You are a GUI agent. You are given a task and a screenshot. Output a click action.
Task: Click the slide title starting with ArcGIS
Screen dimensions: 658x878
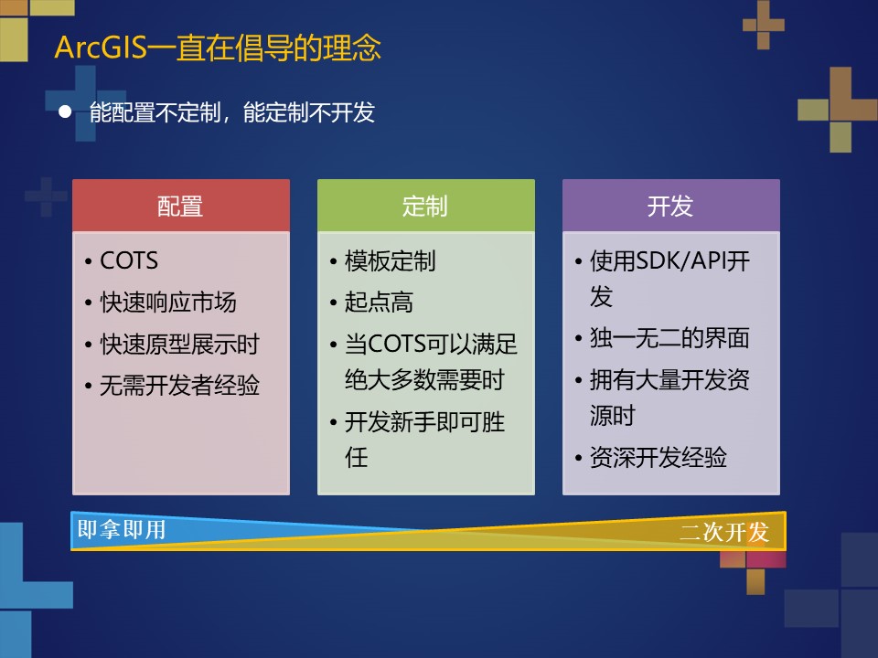click(218, 48)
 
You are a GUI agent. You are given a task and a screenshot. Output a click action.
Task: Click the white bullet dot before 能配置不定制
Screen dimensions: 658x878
click(64, 112)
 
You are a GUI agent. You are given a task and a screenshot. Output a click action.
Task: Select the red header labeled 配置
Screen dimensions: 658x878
click(180, 206)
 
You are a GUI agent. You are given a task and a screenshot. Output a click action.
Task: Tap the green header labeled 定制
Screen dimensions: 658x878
click(425, 206)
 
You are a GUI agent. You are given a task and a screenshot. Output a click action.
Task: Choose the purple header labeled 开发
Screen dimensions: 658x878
click(670, 206)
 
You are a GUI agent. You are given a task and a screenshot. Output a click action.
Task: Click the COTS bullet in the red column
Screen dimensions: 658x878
click(129, 261)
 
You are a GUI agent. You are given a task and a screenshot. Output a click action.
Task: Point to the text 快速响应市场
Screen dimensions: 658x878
click(168, 302)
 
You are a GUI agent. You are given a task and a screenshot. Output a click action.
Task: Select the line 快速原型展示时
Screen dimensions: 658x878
click(179, 345)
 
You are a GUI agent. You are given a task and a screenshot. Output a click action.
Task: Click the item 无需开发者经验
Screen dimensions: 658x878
click(179, 386)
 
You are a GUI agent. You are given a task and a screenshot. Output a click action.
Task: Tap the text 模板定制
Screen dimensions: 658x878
click(391, 261)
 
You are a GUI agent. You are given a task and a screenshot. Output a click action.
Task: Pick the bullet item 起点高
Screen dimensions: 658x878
click(379, 302)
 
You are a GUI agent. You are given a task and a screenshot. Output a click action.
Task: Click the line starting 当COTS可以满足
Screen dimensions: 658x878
click(431, 345)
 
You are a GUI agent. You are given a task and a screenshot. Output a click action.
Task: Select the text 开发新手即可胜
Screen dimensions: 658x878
click(424, 422)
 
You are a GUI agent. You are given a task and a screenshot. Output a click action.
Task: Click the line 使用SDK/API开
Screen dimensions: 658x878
click(669, 261)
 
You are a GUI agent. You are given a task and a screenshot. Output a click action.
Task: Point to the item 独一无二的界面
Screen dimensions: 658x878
click(669, 338)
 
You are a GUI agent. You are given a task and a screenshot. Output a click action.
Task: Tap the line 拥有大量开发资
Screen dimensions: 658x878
click(669, 380)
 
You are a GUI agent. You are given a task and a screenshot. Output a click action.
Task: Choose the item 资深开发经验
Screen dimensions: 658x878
click(658, 458)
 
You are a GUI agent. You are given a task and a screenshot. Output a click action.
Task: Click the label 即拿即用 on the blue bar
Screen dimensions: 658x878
click(122, 530)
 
